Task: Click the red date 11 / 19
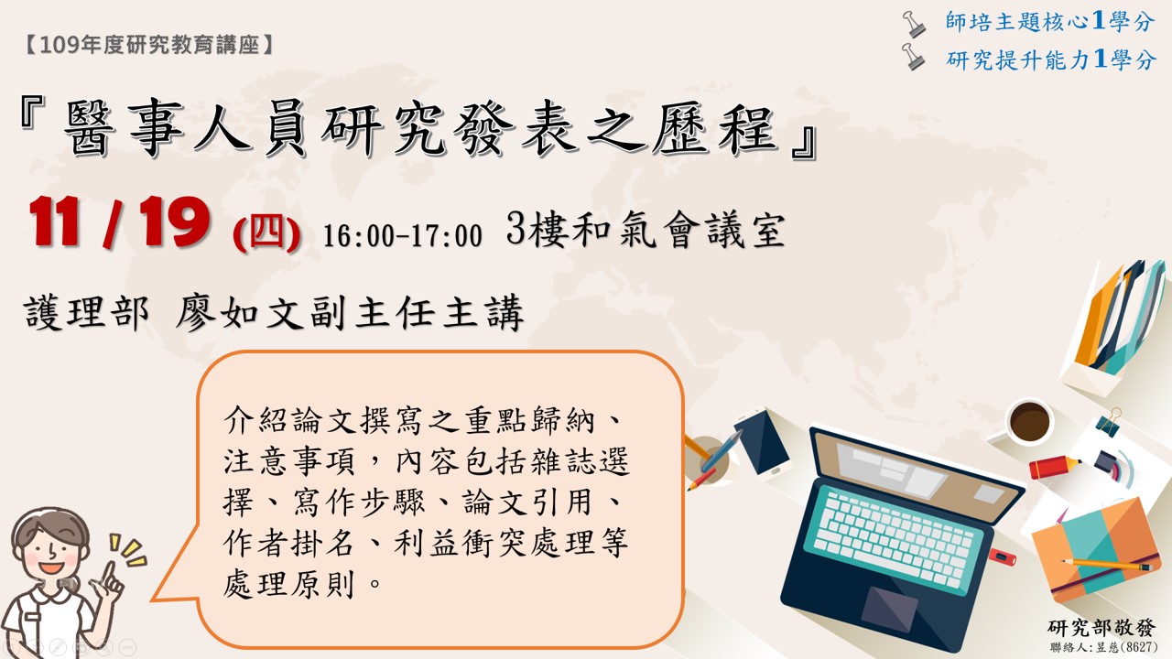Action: (120, 222)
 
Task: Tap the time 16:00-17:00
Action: (402, 236)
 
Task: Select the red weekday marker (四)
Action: (266, 234)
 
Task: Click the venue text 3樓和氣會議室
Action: (646, 230)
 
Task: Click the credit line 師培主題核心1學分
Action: (1050, 21)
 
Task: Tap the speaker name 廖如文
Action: (240, 313)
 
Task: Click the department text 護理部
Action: (86, 313)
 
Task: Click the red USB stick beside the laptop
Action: (1002, 556)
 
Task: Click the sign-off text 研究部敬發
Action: (1101, 628)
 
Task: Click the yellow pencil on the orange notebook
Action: (1107, 565)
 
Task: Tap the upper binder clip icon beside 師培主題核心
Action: (914, 24)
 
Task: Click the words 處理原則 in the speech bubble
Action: (289, 584)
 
